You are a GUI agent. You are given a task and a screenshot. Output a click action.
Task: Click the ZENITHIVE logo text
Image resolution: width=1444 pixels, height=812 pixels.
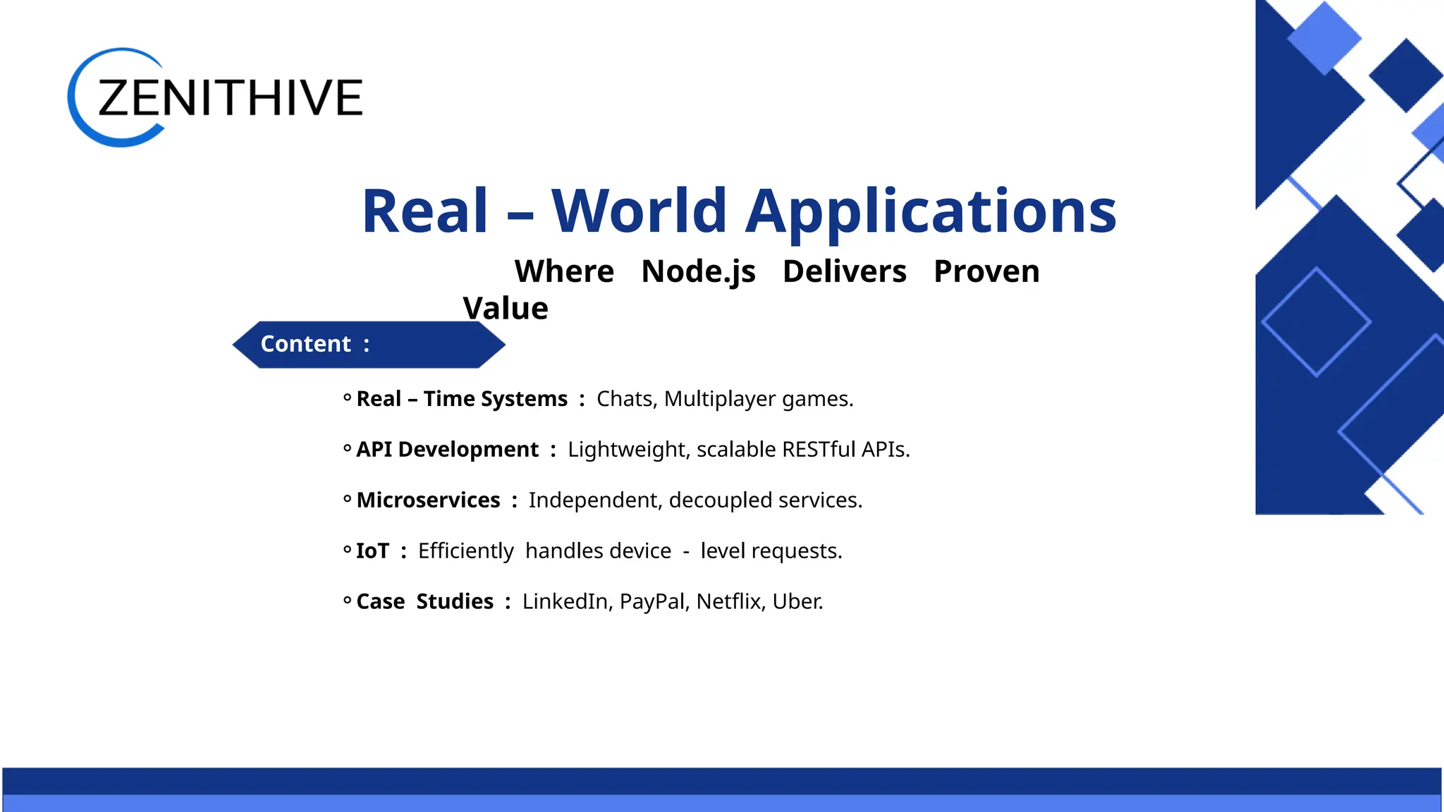click(x=230, y=97)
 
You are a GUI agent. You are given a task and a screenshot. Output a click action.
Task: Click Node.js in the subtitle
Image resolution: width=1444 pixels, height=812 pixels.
click(x=698, y=271)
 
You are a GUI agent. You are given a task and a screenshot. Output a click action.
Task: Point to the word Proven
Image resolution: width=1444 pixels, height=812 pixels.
click(x=986, y=271)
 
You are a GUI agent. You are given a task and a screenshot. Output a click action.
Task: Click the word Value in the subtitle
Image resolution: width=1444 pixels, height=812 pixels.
click(x=505, y=309)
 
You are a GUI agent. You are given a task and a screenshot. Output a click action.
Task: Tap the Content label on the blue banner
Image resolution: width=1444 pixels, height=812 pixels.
click(x=306, y=344)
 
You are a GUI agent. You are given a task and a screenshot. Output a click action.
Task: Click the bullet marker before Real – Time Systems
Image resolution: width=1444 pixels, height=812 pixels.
click(x=347, y=398)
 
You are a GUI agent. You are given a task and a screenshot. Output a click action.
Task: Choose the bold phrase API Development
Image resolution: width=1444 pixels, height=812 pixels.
click(x=447, y=450)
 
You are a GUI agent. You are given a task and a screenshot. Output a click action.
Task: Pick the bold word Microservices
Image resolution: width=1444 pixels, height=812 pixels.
click(x=428, y=500)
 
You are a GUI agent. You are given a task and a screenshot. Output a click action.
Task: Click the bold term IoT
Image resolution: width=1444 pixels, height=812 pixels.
click(x=372, y=551)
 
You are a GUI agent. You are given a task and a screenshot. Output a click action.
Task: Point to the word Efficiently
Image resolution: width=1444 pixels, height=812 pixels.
click(x=465, y=551)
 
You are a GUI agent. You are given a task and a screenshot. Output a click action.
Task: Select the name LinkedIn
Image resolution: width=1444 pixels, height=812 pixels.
click(x=565, y=602)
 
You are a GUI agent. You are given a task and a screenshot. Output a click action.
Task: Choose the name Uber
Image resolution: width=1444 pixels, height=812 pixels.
click(x=797, y=602)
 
